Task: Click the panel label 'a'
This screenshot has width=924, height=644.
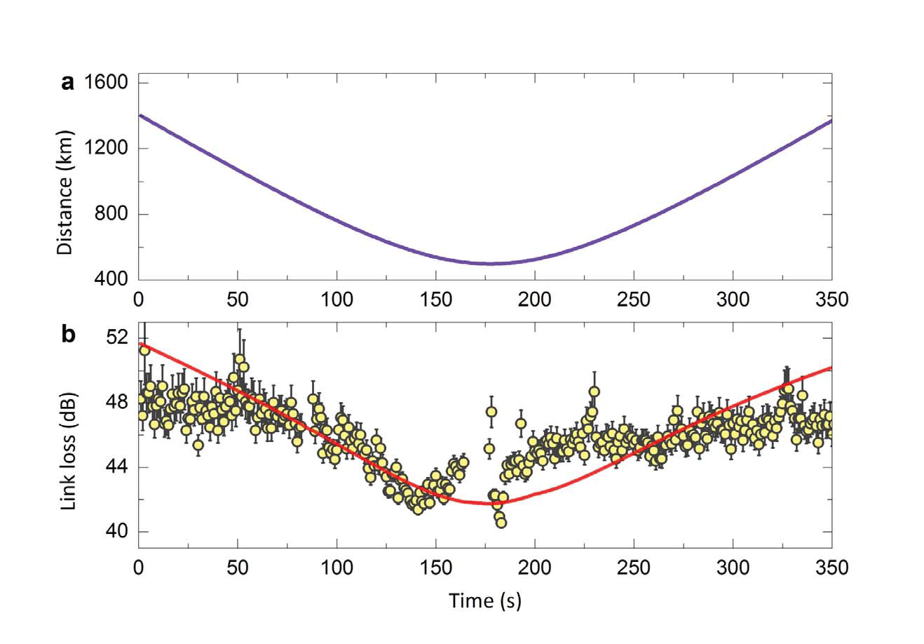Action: click(67, 83)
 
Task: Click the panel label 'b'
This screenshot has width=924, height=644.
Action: click(68, 335)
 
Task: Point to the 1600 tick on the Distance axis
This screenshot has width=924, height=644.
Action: click(106, 83)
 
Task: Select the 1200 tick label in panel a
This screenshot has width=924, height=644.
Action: click(106, 149)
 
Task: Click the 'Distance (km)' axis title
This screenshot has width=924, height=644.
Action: click(66, 193)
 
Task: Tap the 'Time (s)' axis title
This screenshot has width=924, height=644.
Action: click(485, 600)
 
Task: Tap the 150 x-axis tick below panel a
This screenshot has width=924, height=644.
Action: click(435, 300)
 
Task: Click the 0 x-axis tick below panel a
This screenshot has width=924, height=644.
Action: click(138, 300)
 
